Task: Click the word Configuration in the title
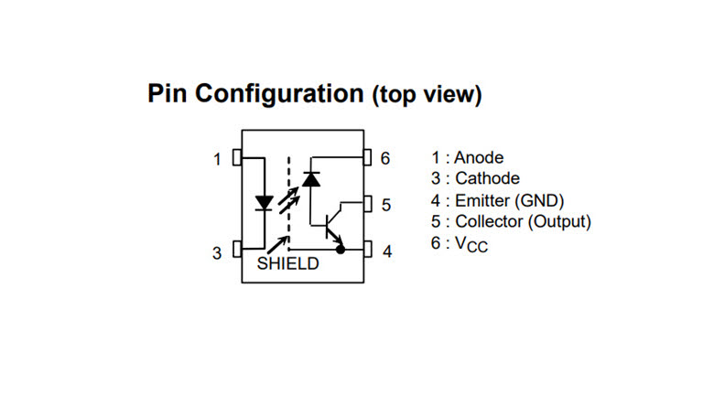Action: click(279, 94)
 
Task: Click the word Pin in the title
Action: click(167, 93)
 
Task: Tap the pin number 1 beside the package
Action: click(218, 159)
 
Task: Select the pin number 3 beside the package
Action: click(217, 253)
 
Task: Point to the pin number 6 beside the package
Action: click(385, 158)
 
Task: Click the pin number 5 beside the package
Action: click(386, 205)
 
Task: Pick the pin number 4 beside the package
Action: click(387, 251)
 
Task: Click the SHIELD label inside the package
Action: click(287, 263)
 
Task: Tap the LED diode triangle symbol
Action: click(264, 203)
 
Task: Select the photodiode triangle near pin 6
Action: click(311, 179)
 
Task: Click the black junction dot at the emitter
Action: click(341, 249)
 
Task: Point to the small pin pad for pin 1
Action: click(237, 157)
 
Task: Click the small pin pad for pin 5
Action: click(368, 204)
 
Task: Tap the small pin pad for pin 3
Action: click(237, 249)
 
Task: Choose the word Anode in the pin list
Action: click(479, 157)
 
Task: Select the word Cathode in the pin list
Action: click(487, 178)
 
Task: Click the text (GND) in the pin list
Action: click(539, 200)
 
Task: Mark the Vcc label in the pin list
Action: click(471, 244)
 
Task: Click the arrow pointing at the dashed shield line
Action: click(278, 245)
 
